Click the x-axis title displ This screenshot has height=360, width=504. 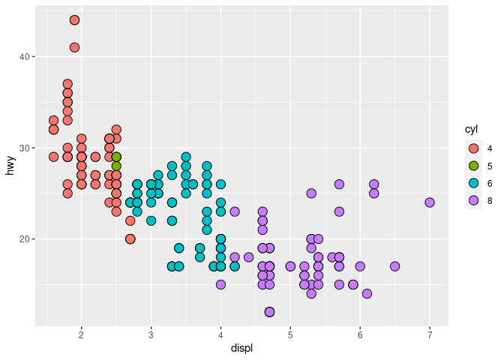(x=241, y=347)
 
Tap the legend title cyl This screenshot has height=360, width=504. (x=471, y=130)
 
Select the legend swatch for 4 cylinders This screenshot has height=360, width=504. (x=473, y=148)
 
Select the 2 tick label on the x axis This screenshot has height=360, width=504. (x=81, y=334)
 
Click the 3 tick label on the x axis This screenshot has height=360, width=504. (x=151, y=334)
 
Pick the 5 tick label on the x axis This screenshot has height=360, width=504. (x=290, y=334)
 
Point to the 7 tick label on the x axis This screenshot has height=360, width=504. (x=430, y=334)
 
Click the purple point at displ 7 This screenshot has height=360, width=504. (x=430, y=202)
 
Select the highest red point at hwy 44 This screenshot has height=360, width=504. (x=74, y=20)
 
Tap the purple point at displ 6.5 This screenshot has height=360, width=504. (x=394, y=266)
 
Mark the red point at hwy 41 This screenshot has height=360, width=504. (x=74, y=47)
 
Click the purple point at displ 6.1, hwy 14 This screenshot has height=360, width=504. (x=367, y=294)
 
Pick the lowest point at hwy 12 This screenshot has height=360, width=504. (x=269, y=312)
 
